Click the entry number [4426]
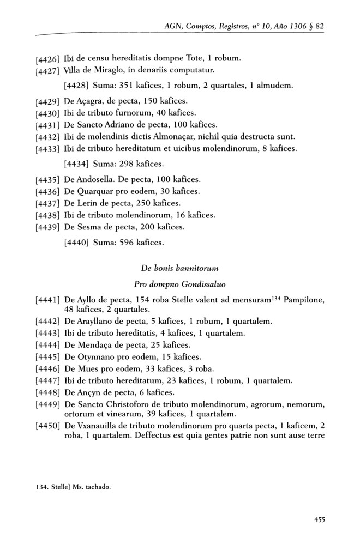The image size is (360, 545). pos(47,58)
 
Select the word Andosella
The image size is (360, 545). pos(94,179)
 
